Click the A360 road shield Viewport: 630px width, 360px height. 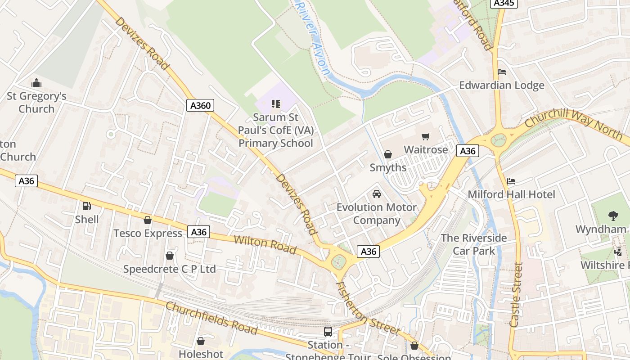(200, 106)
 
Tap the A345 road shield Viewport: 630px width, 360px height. (503, 3)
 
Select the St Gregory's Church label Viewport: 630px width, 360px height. (36, 103)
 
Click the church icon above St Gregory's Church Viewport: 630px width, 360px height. (36, 83)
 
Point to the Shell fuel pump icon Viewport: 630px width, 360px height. (87, 206)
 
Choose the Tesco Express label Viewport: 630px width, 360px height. (148, 233)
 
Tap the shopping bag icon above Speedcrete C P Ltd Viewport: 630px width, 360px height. (170, 256)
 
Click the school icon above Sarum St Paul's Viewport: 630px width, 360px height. (276, 104)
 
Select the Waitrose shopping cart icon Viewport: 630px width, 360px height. (426, 136)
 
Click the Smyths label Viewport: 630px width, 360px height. (388, 167)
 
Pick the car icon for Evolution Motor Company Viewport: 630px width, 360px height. (377, 194)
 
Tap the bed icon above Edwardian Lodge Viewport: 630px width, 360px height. (502, 72)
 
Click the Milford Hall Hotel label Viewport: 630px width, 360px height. (511, 194)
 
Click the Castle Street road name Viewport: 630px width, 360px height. (517, 295)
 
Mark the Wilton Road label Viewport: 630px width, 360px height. (265, 244)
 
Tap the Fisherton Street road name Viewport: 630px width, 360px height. (368, 309)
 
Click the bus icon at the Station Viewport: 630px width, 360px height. (328, 332)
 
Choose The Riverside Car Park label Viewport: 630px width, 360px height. (473, 244)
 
